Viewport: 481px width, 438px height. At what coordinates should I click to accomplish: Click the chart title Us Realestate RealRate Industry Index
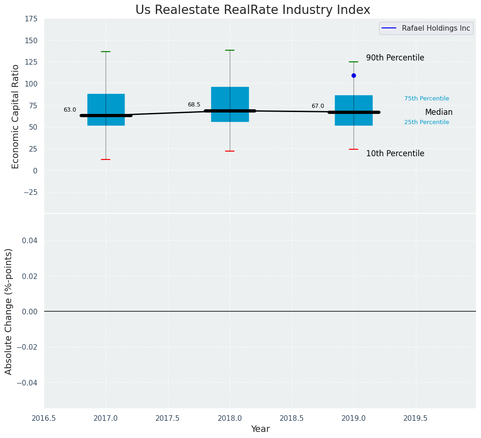coord(253,10)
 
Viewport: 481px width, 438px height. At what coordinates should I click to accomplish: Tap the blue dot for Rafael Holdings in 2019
coord(354,75)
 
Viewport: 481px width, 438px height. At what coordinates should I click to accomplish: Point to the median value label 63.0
coord(70,110)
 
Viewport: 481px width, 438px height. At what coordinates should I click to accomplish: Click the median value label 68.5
coord(194,105)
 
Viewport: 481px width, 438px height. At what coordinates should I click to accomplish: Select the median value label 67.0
coord(318,106)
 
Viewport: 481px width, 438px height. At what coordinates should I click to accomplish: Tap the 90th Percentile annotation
coord(395,58)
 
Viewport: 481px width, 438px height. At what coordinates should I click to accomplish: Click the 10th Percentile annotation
coord(395,154)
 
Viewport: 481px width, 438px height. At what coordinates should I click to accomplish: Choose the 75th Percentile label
coord(427,99)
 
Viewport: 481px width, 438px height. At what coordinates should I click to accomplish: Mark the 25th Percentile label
coord(427,122)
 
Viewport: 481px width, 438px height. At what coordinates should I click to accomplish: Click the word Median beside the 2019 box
coord(439,113)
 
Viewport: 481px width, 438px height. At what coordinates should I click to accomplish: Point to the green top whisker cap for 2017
coord(106,52)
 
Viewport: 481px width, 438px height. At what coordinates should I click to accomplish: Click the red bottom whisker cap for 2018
coord(230,151)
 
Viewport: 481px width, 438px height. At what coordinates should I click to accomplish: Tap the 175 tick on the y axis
coord(32,19)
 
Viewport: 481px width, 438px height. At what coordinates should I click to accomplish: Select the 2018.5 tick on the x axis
coord(292,418)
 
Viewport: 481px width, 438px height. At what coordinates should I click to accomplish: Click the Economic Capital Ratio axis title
coord(16,116)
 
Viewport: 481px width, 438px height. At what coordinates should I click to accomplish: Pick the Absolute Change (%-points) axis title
coord(9,311)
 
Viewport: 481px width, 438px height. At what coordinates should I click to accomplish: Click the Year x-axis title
coord(260,429)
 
